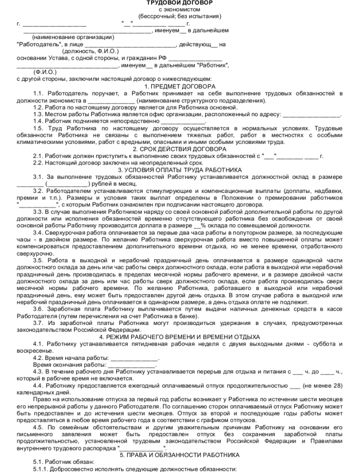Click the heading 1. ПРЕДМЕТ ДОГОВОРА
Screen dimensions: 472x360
(x=180, y=86)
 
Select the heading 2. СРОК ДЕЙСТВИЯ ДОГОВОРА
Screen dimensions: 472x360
(x=180, y=149)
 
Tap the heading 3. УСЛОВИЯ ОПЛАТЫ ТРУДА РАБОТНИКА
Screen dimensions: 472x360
(x=180, y=169)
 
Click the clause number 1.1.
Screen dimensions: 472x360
(x=39, y=93)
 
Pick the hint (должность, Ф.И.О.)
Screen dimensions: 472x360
(x=90, y=51)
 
